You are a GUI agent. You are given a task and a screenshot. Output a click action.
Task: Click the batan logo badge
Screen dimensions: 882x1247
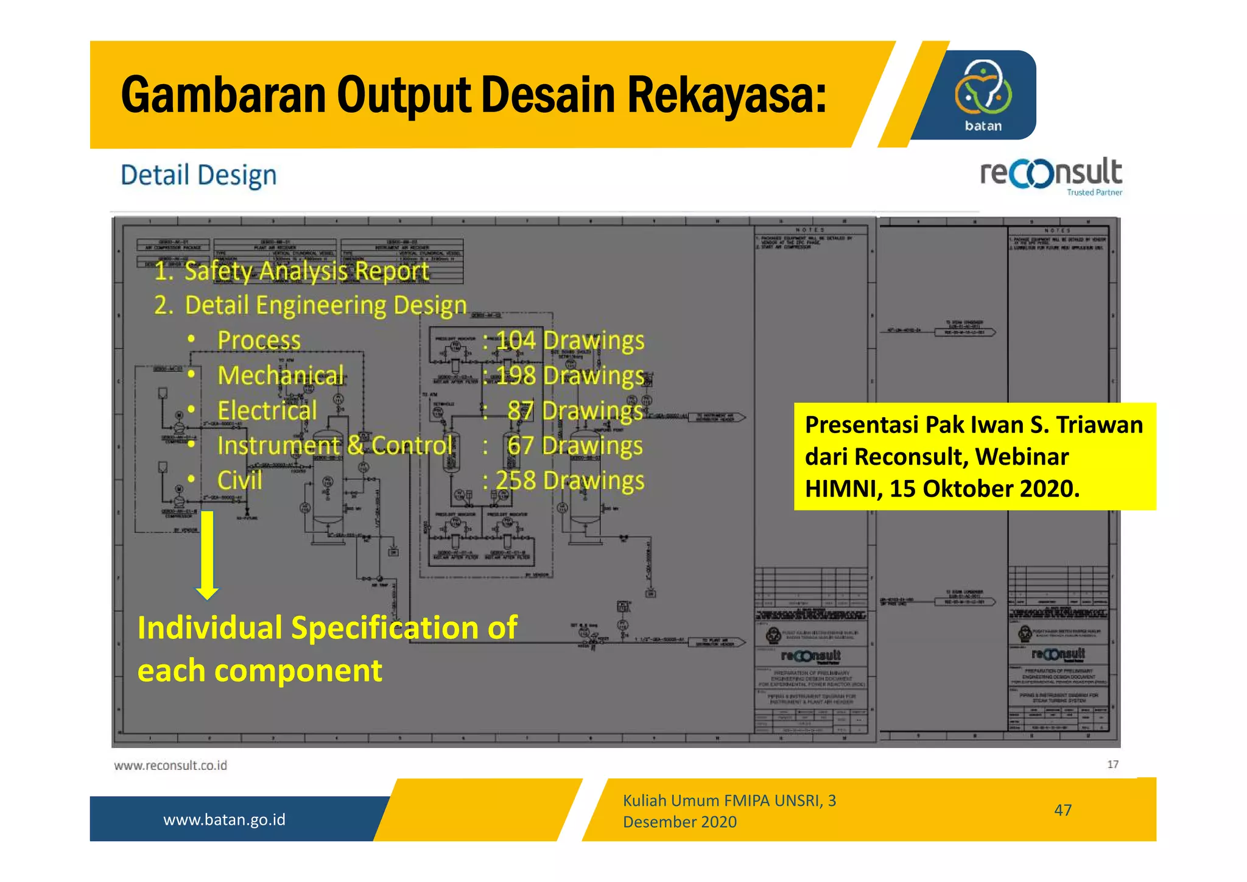(983, 95)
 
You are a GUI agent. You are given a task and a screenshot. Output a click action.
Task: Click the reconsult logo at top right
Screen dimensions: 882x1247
(1050, 175)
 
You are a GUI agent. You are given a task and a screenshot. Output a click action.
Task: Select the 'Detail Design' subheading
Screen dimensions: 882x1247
(198, 175)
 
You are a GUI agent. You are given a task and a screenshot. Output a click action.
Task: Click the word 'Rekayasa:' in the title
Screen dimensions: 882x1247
(726, 95)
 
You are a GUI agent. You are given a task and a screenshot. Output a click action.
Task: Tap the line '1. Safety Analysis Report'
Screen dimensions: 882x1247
(291, 271)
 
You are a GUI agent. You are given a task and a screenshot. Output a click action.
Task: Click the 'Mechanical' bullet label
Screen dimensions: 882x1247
(281, 375)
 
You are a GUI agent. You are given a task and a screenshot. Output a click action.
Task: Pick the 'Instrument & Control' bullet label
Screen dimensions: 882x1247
(334, 445)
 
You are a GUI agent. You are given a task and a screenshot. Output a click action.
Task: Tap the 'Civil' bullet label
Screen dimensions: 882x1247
(240, 481)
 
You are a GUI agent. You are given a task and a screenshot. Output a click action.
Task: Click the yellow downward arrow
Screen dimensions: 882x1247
(207, 554)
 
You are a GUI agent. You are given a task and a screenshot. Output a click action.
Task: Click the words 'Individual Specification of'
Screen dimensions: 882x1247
(327, 627)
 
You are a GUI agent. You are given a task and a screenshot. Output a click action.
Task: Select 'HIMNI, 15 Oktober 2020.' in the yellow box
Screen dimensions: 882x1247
(942, 489)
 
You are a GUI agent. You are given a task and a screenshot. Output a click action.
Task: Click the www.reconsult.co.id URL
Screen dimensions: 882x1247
(170, 766)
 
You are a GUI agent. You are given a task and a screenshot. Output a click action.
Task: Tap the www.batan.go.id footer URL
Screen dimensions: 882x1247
(224, 819)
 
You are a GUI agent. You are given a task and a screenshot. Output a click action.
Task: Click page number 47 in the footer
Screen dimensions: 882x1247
(1063, 810)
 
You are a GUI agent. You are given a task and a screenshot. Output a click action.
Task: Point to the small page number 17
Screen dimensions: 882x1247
(1112, 764)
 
